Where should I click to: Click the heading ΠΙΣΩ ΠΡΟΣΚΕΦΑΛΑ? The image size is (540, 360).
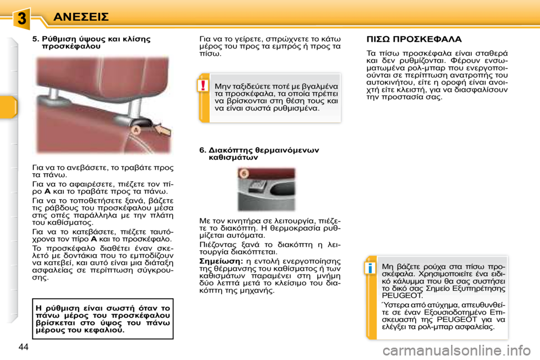414,39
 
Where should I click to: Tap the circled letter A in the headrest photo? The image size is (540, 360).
134,130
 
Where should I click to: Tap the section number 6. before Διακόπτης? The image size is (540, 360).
203,150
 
